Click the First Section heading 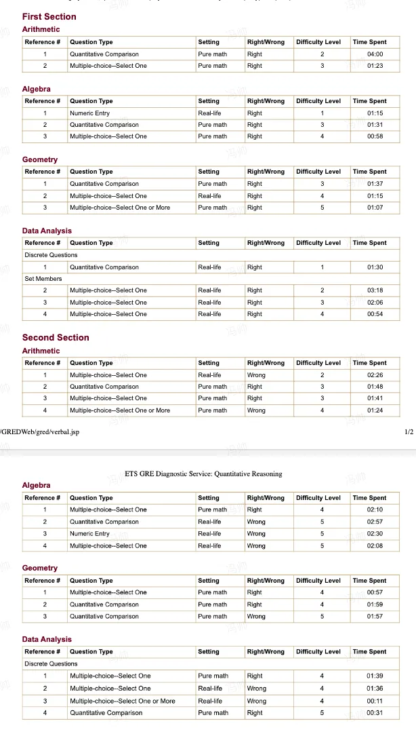tap(49, 16)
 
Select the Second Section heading tap(56, 337)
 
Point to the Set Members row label tap(43, 279)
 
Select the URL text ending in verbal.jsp tap(39, 432)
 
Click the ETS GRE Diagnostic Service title tap(203, 474)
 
